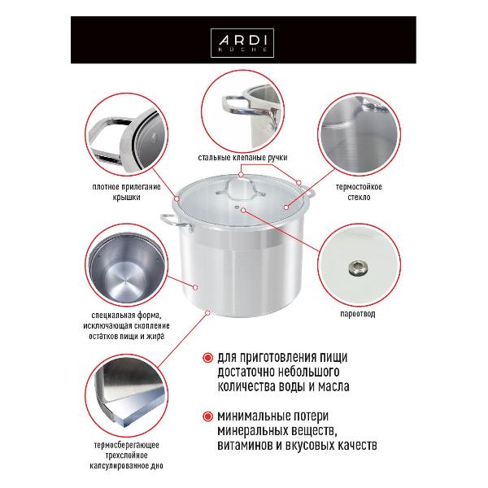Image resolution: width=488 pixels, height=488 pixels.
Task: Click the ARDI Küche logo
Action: click(x=243, y=41)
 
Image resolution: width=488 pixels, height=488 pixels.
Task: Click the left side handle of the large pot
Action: click(x=171, y=219)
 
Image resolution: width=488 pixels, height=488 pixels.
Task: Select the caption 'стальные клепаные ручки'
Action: click(x=243, y=156)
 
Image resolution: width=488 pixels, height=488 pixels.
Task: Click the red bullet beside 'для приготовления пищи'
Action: click(x=207, y=358)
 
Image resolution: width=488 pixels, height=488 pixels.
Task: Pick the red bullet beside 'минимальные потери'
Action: click(x=207, y=415)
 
